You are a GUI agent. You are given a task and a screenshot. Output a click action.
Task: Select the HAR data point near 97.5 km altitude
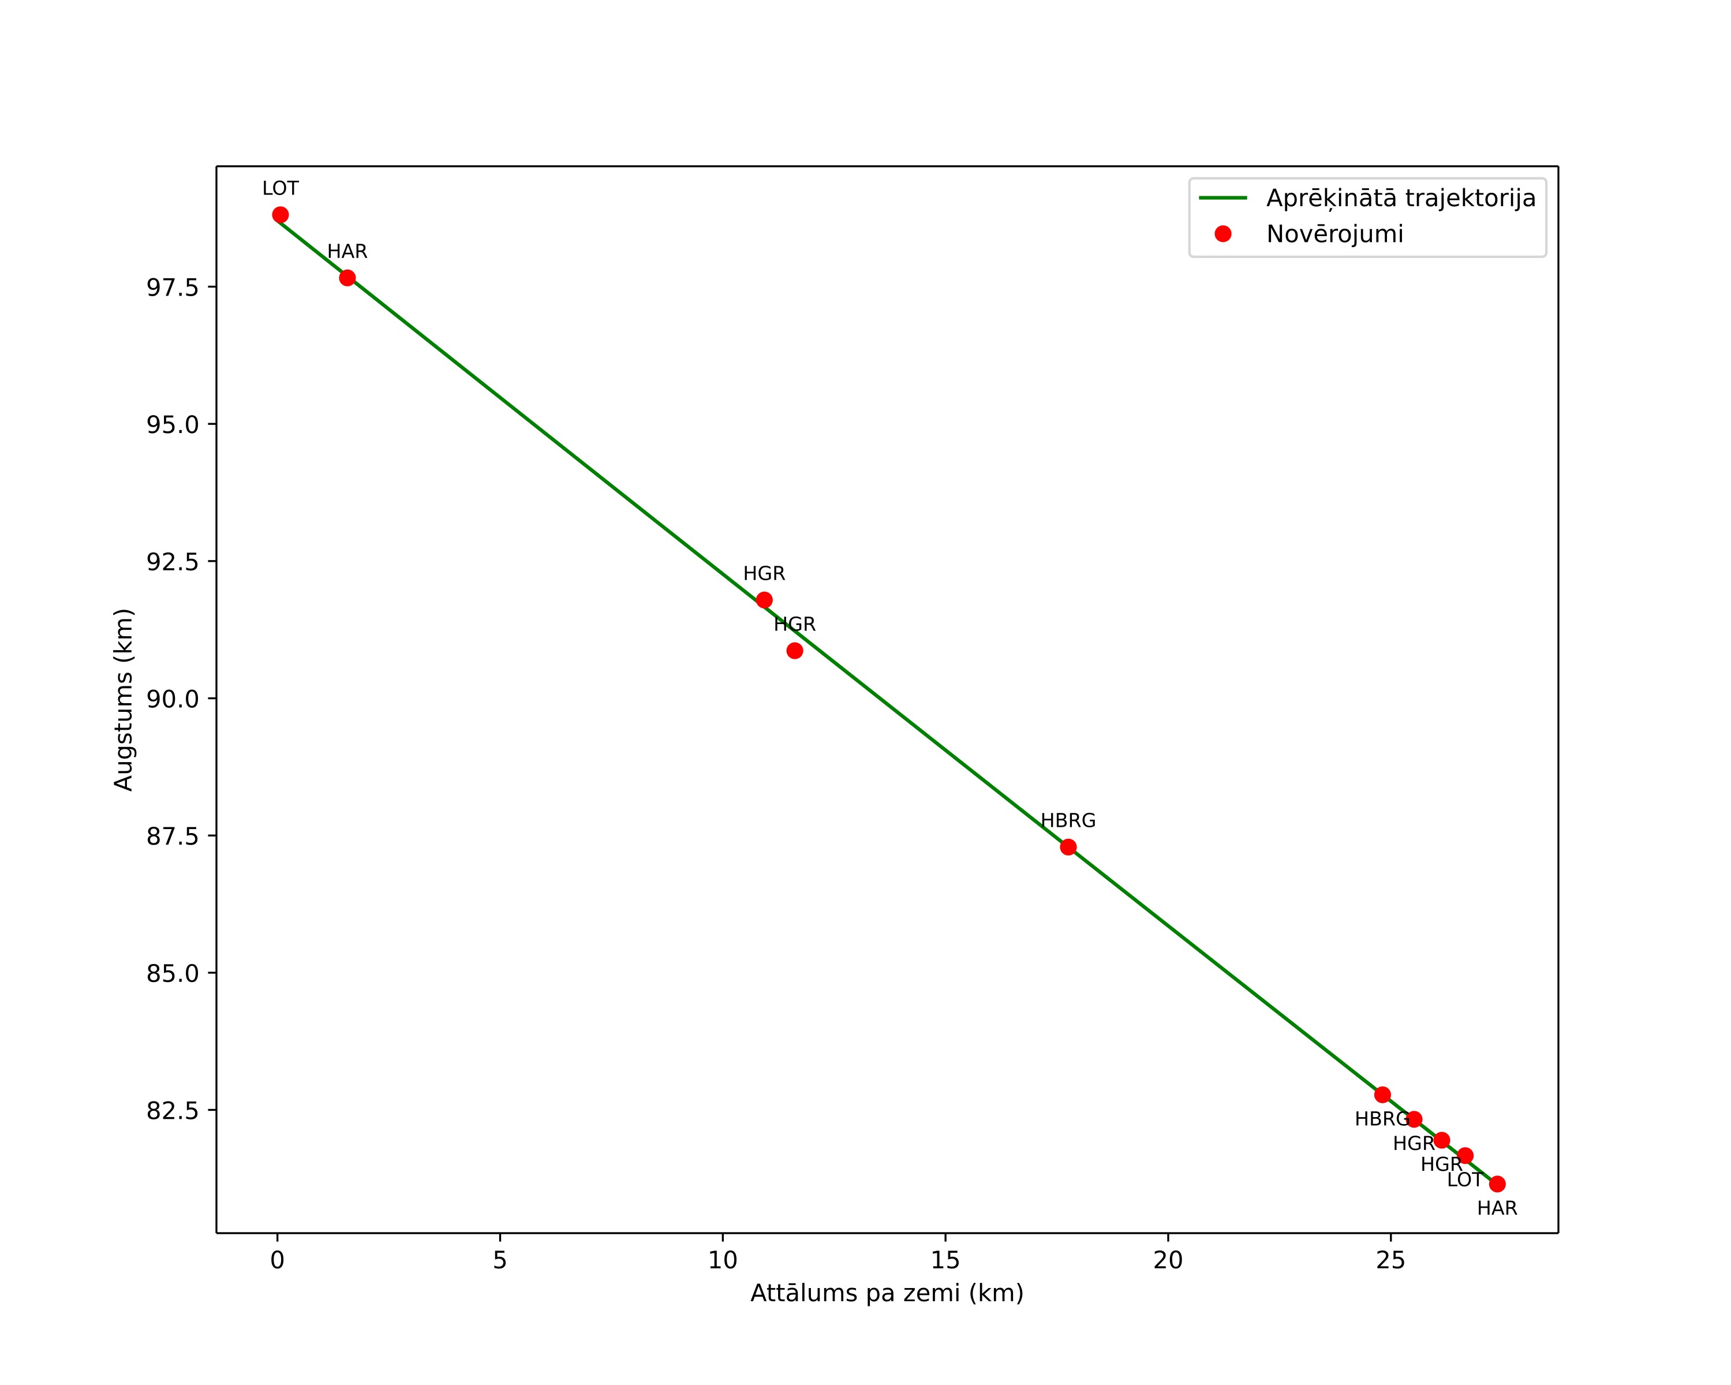pos(347,278)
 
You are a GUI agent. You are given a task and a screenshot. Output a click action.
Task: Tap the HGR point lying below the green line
pos(795,650)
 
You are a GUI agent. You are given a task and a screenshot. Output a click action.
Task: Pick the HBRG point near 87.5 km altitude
pos(1068,847)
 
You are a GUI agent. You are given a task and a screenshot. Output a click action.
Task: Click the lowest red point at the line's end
pos(1497,1184)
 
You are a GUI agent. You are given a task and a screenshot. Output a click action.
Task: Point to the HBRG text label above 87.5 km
pos(1068,820)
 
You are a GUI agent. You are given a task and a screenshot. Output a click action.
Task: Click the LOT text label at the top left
pos(280,189)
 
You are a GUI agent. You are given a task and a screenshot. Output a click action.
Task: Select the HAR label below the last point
pos(1497,1208)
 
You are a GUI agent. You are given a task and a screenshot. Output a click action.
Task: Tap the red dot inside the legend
pos(1222,234)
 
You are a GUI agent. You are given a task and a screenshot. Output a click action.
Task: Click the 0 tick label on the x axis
pos(277,1260)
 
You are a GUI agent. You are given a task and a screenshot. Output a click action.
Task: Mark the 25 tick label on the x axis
pos(1390,1260)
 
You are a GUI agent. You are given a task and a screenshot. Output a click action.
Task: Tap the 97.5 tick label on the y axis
pos(173,288)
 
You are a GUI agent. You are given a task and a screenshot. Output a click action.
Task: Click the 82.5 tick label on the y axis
pos(173,1110)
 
